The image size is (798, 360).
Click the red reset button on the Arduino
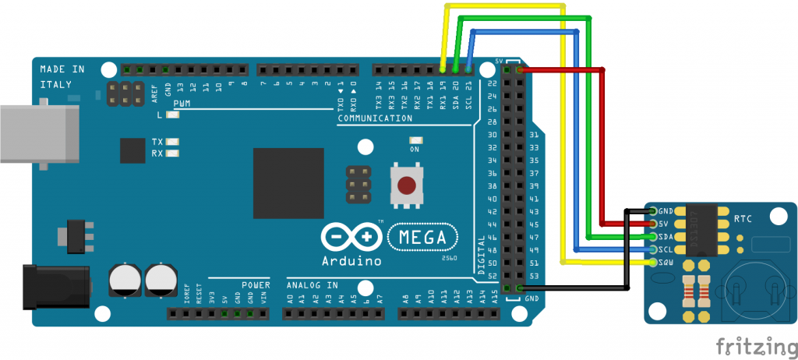point(406,185)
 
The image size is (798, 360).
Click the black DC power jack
point(55,285)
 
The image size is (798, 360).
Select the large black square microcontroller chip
point(288,184)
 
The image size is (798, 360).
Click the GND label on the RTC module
point(666,211)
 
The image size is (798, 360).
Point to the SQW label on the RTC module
point(666,263)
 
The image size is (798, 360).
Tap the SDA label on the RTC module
point(666,237)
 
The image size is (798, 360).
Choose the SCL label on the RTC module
point(666,250)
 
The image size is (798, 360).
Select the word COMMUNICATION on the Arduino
point(376,118)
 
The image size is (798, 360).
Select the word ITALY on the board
point(56,84)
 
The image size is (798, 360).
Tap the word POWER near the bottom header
point(255,284)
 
